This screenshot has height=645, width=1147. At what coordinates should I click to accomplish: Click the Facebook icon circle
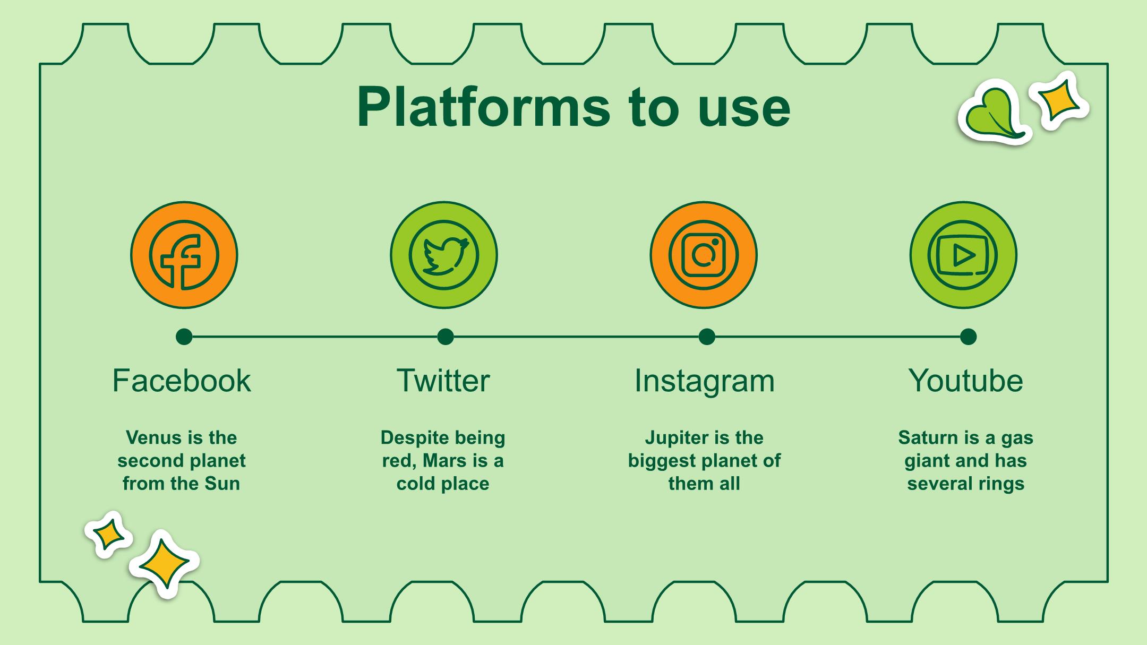click(x=184, y=255)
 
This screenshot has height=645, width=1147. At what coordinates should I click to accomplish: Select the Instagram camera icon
click(x=704, y=255)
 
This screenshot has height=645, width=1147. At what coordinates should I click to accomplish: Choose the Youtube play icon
click(x=963, y=255)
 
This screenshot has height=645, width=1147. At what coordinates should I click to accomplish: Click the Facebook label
click(x=182, y=381)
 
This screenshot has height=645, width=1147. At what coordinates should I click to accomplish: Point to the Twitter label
click(x=443, y=381)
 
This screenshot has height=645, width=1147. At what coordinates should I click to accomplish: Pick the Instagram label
click(x=705, y=381)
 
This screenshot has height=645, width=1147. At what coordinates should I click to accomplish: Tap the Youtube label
click(x=965, y=381)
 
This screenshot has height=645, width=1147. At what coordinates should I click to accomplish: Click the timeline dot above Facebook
click(x=184, y=337)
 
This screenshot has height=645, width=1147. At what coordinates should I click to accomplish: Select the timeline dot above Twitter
click(x=446, y=337)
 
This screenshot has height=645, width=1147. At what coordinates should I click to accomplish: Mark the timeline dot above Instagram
click(x=707, y=337)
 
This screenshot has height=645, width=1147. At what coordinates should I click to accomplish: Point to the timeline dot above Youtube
click(x=969, y=337)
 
